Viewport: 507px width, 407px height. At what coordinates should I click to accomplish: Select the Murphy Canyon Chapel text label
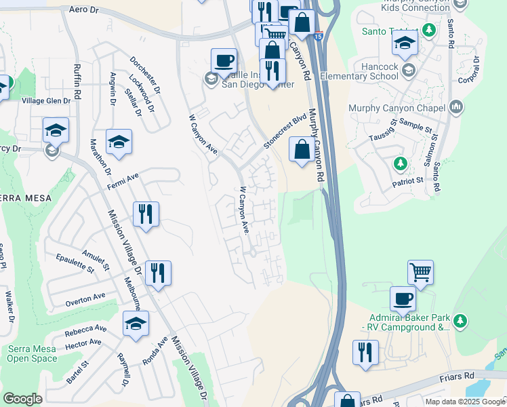397,107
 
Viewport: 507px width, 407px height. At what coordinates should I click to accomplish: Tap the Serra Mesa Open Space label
33,353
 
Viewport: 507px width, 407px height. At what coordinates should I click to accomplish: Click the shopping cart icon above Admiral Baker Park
420,272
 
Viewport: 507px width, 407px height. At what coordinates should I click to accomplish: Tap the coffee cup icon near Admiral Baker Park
403,298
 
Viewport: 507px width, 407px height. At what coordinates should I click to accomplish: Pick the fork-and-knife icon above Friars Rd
365,352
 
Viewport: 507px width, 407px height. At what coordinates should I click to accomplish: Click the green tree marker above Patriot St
401,163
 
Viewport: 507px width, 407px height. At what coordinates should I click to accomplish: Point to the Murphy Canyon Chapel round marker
455,106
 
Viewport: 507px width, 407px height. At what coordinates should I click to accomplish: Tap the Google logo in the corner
22,399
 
